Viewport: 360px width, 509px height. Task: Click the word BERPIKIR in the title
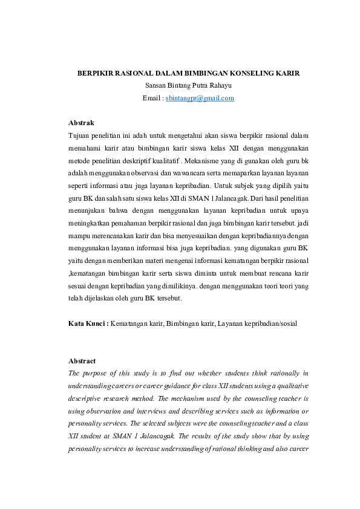(x=96, y=73)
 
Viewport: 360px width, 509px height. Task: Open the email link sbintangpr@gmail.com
(x=200, y=98)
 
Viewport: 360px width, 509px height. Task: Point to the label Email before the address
(x=151, y=98)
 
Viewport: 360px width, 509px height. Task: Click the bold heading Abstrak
(x=81, y=123)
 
